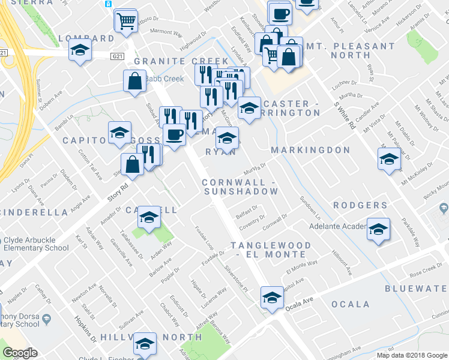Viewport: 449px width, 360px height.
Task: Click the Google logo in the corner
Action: [x=20, y=353]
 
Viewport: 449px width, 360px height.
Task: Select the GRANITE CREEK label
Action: [x=181, y=61]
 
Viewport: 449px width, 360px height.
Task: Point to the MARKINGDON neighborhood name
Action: [x=310, y=150]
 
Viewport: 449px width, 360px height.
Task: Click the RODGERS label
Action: [x=360, y=205]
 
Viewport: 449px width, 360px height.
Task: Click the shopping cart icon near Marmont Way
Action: [x=127, y=22]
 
